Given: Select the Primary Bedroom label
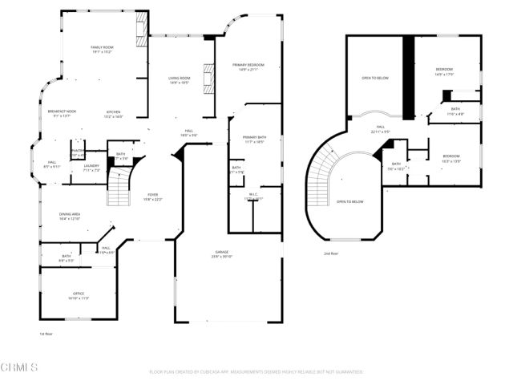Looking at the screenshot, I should point(248,66).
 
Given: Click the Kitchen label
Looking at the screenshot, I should point(114,113).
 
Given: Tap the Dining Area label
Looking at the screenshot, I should point(70,216).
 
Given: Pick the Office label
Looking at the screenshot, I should point(78,295).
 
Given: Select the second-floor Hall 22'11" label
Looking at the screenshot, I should point(380,129).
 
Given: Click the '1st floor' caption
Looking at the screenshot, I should point(46,333).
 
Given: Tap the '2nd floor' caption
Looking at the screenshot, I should point(330,253).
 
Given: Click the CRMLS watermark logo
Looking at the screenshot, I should point(19,367).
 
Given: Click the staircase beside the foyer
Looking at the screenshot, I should point(118,190).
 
